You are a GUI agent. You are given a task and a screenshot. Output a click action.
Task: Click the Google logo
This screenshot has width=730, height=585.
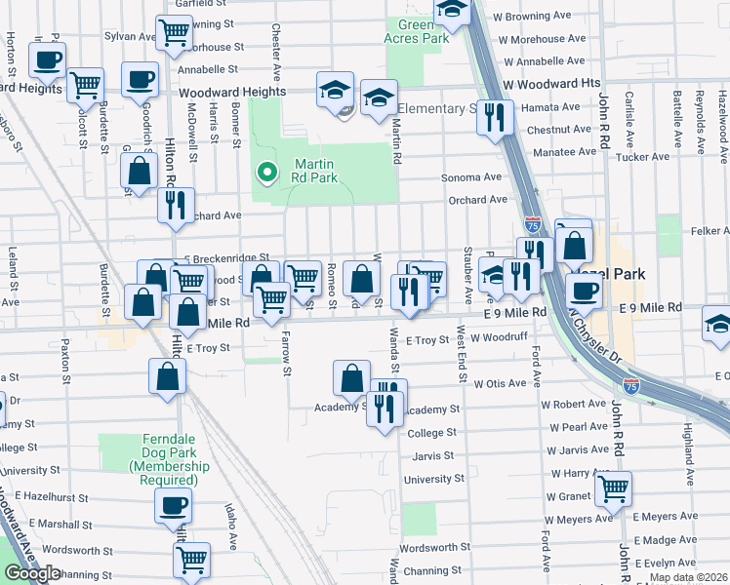point(32,573)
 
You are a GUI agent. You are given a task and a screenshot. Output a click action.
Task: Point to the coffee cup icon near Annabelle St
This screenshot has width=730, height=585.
point(140,79)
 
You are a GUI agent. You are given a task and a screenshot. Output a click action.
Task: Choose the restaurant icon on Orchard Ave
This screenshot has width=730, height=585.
point(176,205)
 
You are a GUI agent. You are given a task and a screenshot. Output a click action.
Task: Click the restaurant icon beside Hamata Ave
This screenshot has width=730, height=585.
point(496,117)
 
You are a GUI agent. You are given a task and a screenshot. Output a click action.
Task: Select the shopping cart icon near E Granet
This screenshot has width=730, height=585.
point(613,488)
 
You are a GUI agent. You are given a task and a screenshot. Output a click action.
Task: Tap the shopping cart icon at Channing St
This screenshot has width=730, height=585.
point(191,560)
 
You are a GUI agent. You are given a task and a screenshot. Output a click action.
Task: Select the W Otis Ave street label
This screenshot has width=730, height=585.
point(500,384)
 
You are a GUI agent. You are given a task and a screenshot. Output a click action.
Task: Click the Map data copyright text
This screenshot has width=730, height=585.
point(687,577)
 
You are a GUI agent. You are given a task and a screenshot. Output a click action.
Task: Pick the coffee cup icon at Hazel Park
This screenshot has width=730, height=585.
point(584,290)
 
